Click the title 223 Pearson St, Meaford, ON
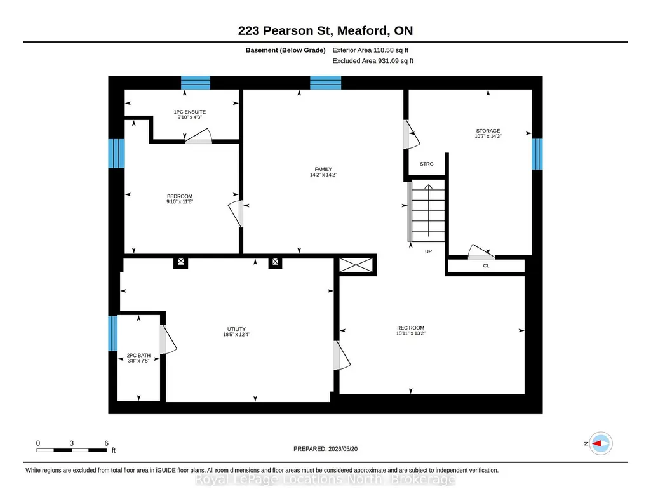[x=325, y=30]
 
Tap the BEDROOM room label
[x=180, y=196]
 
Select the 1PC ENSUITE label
[x=190, y=112]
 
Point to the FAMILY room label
[x=323, y=170]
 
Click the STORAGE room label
[x=488, y=131]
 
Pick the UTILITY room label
[x=236, y=329]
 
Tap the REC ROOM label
[x=411, y=328]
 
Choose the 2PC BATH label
[x=138, y=356]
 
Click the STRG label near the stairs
[x=426, y=164]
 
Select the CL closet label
[x=486, y=265]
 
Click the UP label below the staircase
[x=429, y=251]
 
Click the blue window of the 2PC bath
[x=112, y=333]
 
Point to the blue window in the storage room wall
[x=537, y=154]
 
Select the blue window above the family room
[x=325, y=83]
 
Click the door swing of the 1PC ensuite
[x=199, y=136]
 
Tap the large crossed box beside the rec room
[x=356, y=265]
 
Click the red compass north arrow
[x=596, y=444]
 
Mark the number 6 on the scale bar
[x=106, y=443]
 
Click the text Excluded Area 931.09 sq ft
[x=373, y=60]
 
